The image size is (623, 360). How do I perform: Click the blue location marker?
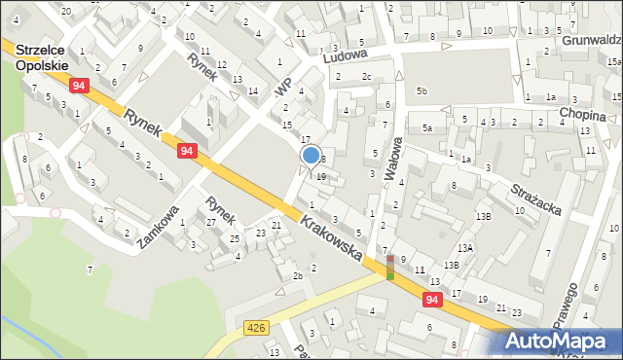[311, 155]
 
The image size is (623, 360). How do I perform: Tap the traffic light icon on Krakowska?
[389, 267]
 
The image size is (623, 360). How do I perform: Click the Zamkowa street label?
[159, 226]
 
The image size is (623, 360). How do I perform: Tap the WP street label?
[283, 86]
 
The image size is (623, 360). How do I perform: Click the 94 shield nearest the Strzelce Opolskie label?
[79, 87]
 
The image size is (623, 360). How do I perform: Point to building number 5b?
[421, 90]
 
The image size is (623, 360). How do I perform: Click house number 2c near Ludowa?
[366, 76]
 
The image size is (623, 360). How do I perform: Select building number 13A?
[466, 248]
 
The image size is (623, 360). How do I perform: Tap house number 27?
[211, 223]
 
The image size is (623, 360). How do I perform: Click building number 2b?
[299, 275]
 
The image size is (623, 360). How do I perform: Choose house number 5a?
[426, 128]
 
